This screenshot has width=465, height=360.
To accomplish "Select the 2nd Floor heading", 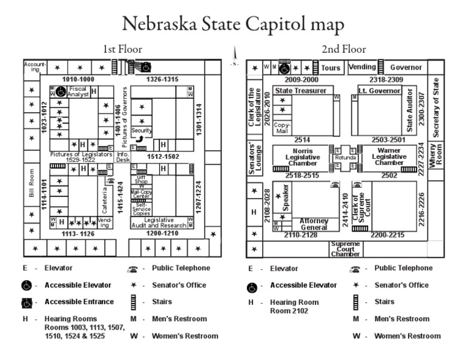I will click(343, 50).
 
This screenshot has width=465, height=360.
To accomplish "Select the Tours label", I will click(331, 68).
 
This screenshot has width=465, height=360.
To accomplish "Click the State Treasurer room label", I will click(300, 90).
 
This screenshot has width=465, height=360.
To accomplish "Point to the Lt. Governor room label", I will click(380, 90).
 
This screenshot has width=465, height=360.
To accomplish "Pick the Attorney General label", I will click(314, 224).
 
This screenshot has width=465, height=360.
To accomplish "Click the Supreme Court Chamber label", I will click(345, 248).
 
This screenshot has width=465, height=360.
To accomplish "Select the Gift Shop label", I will click(141, 179).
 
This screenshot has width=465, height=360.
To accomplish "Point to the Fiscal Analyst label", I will click(78, 92).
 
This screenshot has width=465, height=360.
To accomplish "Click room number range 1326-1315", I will click(162, 79).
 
